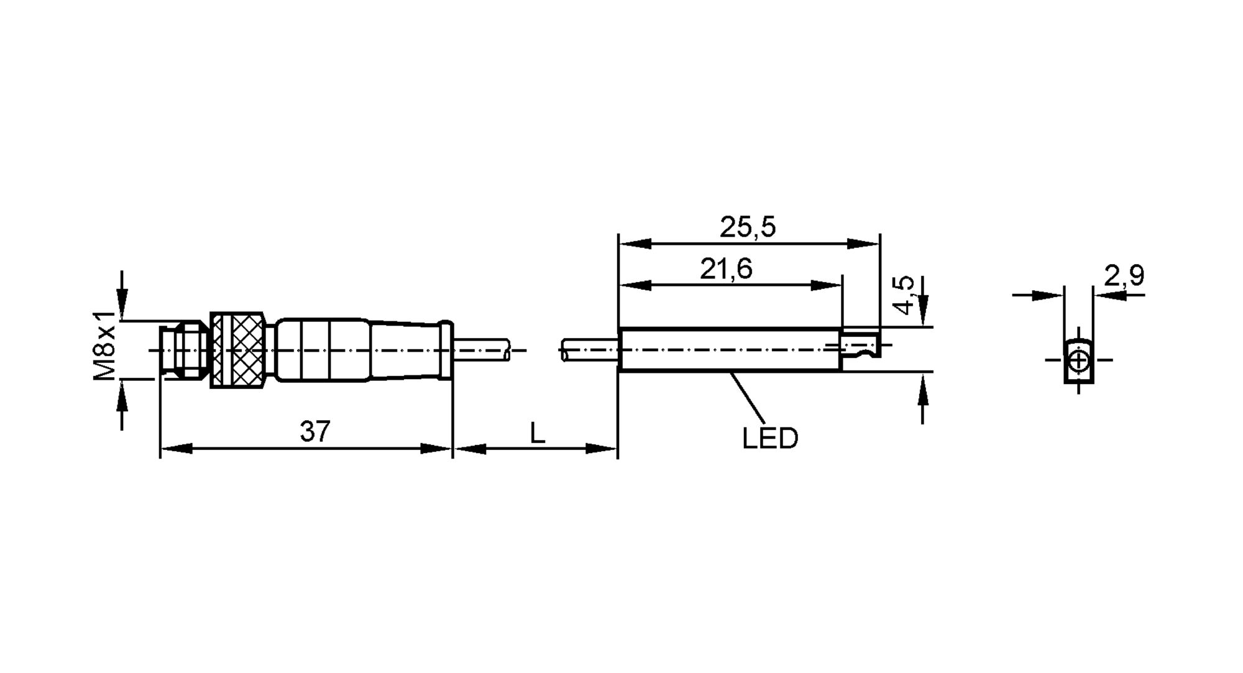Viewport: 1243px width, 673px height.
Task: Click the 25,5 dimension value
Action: [x=748, y=227]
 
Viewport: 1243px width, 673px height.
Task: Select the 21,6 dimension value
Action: [x=726, y=269]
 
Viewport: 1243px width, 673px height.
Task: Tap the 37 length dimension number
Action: [x=315, y=431]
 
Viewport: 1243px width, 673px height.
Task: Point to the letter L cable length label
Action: [x=537, y=433]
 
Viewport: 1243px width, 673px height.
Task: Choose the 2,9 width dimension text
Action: [x=1124, y=275]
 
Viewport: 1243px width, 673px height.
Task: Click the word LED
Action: [x=769, y=439]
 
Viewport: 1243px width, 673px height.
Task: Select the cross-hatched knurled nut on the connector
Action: [x=238, y=350]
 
